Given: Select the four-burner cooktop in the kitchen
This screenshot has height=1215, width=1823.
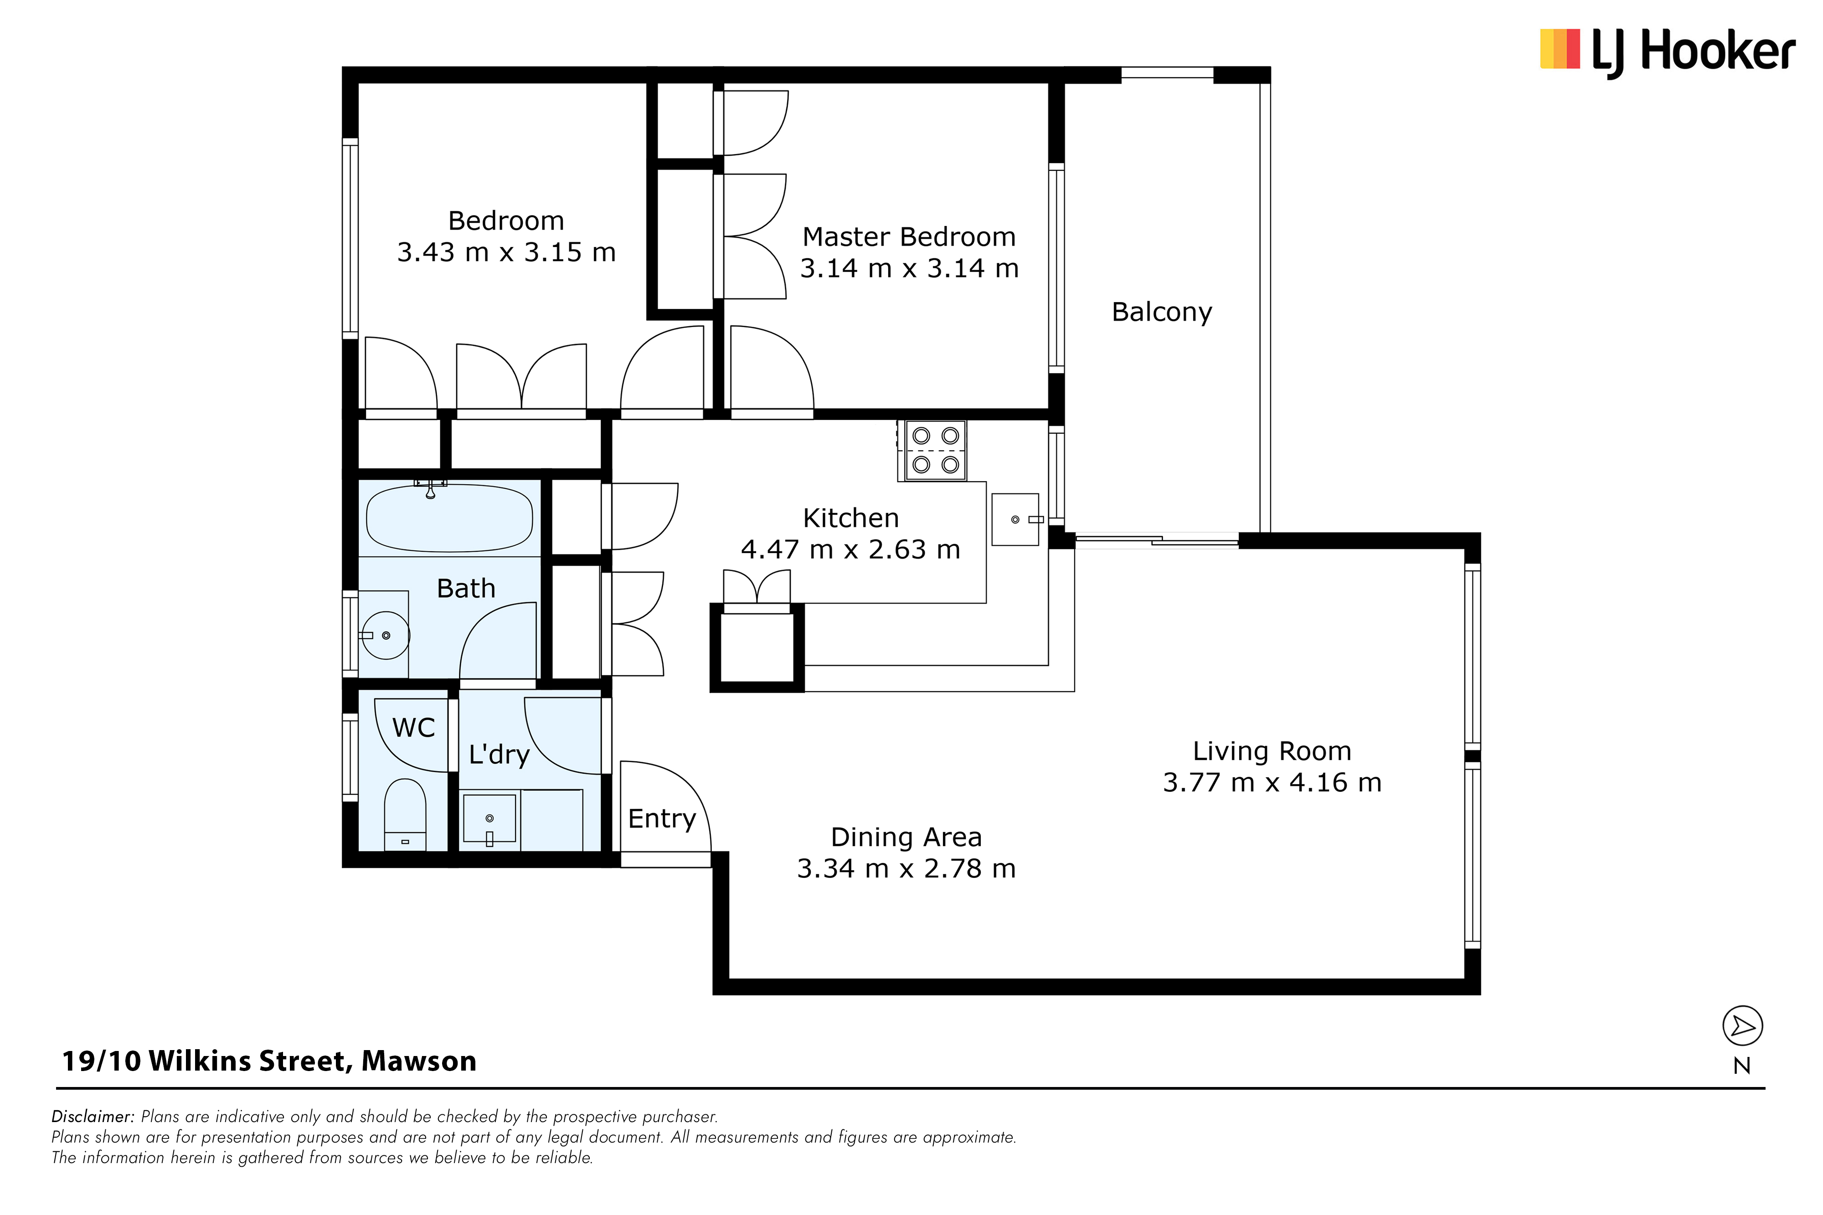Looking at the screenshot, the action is pos(936,450).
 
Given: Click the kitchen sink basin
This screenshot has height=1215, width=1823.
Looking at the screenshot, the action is pos(1015,519).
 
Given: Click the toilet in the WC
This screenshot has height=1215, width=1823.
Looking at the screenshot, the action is pos(405,815).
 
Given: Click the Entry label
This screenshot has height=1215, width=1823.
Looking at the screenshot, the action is pos(662,819).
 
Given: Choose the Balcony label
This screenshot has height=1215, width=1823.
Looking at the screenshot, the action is pos(1162,312).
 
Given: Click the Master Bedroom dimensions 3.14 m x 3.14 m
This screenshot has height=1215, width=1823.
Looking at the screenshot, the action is pos(909,268).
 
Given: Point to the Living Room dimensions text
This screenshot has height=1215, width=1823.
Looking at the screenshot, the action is pos(1272,783).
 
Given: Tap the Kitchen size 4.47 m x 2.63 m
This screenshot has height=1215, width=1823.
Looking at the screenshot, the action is pos(850,549).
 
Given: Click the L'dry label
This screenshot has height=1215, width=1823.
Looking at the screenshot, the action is pos(499,755).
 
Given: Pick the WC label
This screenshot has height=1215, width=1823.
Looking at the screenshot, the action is pos(414,728).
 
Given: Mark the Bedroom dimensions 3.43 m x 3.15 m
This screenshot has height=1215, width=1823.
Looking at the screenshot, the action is pos(506,252).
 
